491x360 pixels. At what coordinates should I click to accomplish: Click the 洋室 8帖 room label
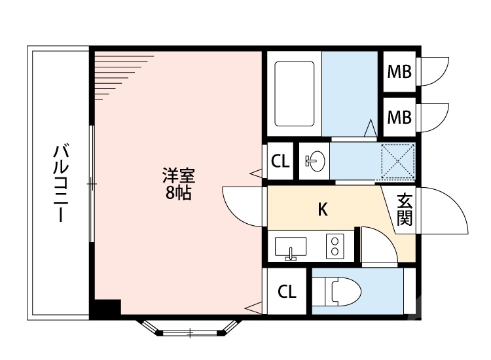pos(177,185)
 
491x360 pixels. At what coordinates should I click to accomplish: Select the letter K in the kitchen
pos(322,209)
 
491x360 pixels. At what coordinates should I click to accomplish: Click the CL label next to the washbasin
pos(280,161)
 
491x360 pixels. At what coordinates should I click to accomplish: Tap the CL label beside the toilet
pos(287,292)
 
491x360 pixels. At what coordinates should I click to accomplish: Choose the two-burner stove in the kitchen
pos(335,247)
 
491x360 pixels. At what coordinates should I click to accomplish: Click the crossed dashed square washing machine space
pos(397,160)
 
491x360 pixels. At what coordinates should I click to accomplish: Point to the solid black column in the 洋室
pos(106,309)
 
